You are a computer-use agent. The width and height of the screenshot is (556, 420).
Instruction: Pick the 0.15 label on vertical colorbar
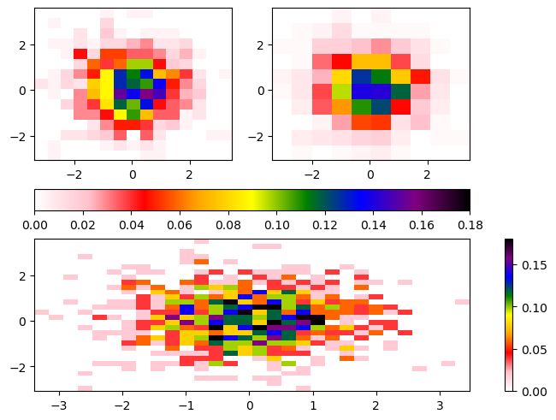(531, 265)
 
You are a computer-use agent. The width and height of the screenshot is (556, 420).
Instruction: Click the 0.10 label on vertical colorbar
(531, 307)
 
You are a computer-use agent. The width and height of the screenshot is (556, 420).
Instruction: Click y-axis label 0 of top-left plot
(25, 90)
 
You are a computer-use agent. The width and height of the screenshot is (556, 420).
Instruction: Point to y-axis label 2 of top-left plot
(25, 44)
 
